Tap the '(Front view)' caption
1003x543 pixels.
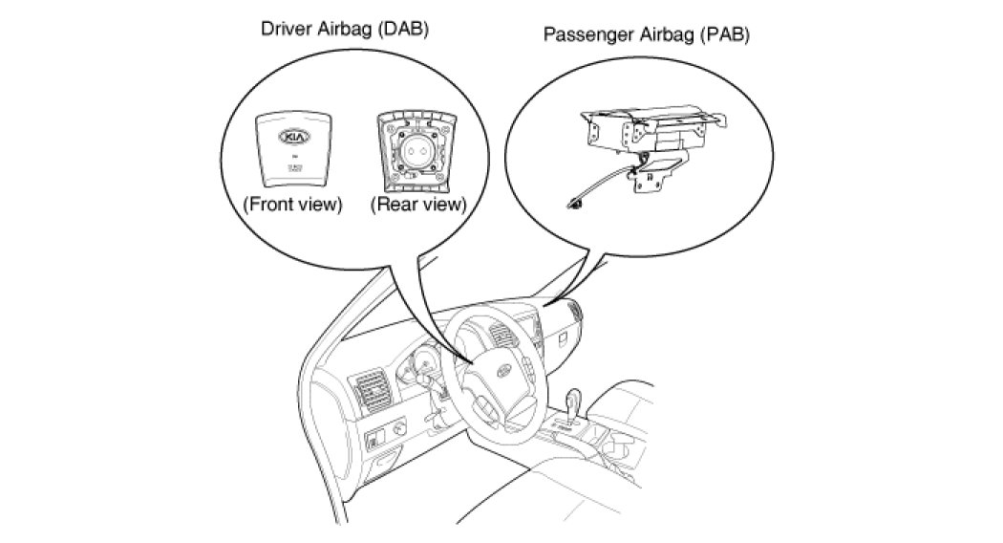click(x=292, y=205)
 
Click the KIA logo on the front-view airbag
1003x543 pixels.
click(x=292, y=138)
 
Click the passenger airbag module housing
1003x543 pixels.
click(x=650, y=125)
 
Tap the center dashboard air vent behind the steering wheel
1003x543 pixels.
click(x=501, y=337)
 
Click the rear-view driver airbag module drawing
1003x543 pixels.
click(x=417, y=150)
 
